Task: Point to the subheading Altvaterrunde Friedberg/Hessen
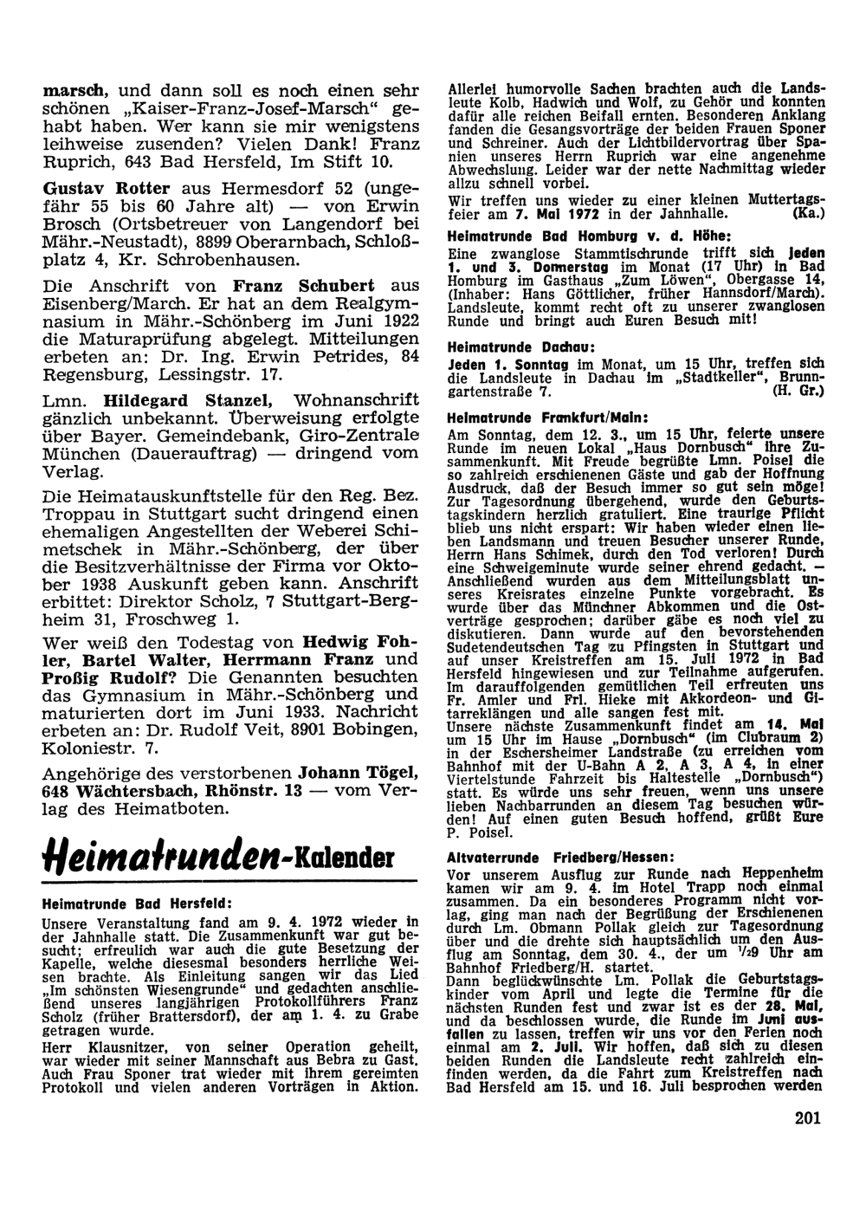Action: pyautogui.click(x=561, y=856)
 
